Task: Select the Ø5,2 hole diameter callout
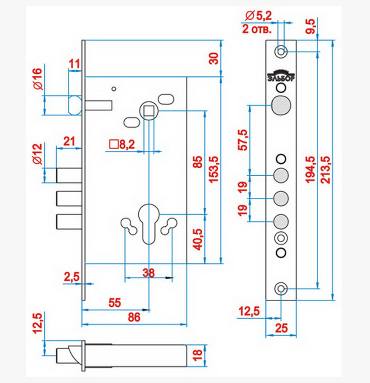(x=259, y=16)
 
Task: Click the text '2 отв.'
(x=257, y=29)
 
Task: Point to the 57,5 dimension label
(x=243, y=140)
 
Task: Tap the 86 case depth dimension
(x=134, y=317)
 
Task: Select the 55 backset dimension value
(x=114, y=303)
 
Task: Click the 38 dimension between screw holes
(x=149, y=273)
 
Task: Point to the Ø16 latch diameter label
(x=38, y=79)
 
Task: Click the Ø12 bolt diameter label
(x=38, y=154)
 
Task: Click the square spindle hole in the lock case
(x=149, y=111)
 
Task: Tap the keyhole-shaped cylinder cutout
(x=149, y=224)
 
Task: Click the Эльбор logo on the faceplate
(x=281, y=76)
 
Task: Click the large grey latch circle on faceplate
(x=281, y=105)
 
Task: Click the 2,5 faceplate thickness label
(x=72, y=277)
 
